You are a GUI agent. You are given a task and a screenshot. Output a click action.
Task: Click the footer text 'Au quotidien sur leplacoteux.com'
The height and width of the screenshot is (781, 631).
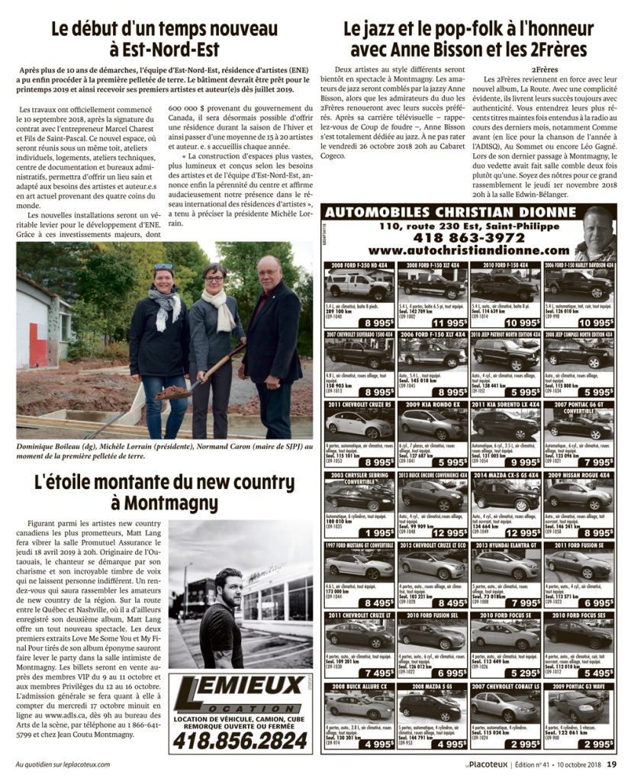(x=63, y=765)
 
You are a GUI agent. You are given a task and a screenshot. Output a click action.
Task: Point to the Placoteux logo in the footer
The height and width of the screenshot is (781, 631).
(x=486, y=765)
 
